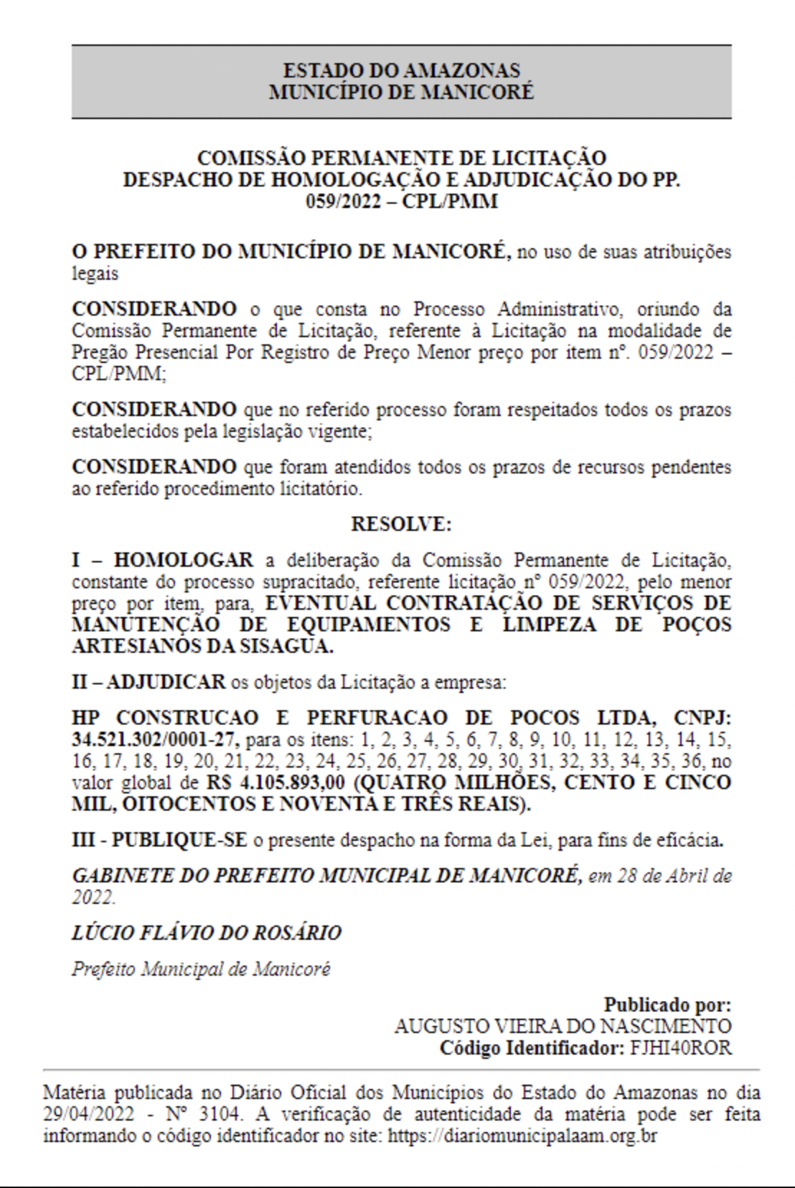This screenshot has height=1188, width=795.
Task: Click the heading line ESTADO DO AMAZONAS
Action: [401, 70]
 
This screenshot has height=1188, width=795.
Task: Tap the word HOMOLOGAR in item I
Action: [183, 560]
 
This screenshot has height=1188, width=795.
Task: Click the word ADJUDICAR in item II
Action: [166, 682]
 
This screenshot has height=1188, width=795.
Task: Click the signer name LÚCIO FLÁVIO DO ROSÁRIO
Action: [207, 933]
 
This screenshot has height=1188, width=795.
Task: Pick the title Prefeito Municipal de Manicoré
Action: [201, 969]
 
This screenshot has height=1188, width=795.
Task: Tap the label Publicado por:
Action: [667, 1005]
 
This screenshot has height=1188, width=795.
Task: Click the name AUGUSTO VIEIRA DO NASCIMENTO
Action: [563, 1027]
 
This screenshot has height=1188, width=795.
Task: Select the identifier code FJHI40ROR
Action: [681, 1048]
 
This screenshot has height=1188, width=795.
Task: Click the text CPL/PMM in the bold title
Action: [450, 201]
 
